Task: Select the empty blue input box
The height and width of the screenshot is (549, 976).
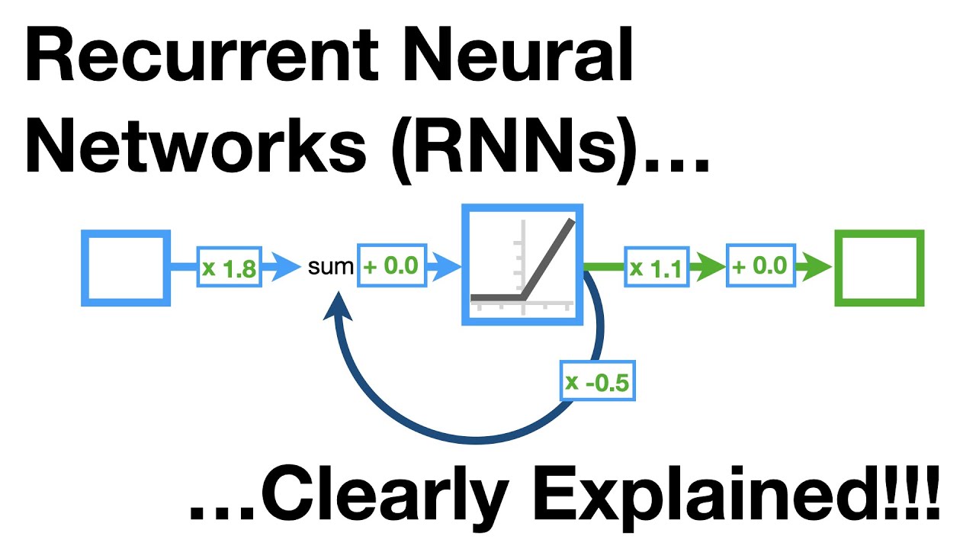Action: pos(124,268)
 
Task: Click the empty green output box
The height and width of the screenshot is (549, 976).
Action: pos(878,268)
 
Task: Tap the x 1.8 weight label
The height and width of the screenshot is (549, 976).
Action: pos(230,268)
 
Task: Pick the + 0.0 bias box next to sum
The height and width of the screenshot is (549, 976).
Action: pos(391,266)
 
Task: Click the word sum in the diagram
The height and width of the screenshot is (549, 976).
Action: pos(331,267)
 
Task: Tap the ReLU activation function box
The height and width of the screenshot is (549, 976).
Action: pos(522,265)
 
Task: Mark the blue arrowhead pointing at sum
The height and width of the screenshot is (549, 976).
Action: pos(287,267)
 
